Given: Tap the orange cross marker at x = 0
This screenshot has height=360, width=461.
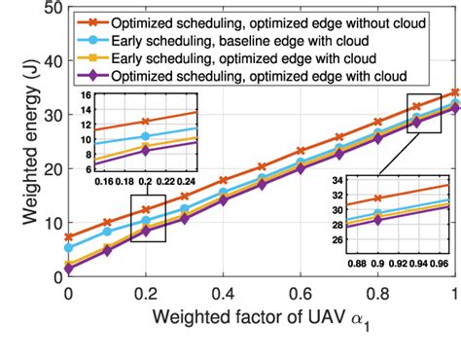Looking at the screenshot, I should (68, 237).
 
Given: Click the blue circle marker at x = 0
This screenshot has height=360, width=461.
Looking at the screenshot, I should (68, 248).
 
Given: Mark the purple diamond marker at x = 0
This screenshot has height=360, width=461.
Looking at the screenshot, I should (68, 269).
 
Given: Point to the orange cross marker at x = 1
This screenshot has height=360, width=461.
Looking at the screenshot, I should (455, 92).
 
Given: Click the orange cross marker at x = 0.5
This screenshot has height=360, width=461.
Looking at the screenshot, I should (262, 166).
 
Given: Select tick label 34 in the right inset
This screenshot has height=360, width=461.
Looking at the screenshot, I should (337, 180).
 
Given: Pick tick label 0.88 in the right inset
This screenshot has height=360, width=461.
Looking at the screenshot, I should (356, 261).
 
